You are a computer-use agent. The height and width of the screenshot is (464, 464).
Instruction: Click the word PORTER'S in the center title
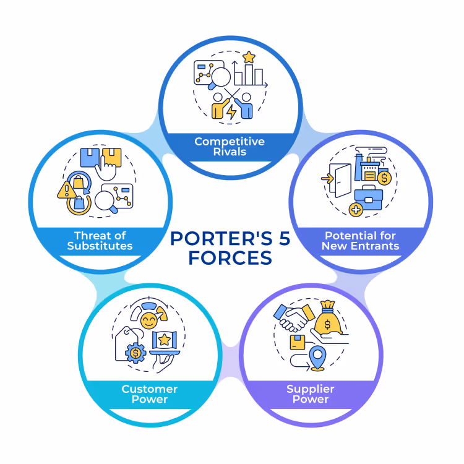[x=221, y=238]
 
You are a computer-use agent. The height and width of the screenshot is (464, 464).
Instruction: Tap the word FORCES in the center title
[x=230, y=258]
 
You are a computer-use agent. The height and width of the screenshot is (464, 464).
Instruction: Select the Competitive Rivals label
[x=230, y=147]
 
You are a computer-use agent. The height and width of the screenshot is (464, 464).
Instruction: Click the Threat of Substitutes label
[x=100, y=241]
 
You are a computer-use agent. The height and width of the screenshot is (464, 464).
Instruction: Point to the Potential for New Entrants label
[x=361, y=241]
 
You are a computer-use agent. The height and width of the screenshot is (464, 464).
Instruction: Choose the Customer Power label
[x=150, y=394]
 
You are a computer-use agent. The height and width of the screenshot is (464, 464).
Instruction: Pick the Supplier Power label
[x=311, y=394]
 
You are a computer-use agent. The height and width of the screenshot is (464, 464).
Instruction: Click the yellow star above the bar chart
[x=249, y=57]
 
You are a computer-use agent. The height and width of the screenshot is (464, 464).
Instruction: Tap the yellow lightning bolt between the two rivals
[x=231, y=111]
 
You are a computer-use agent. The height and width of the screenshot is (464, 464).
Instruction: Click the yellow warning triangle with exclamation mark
[x=67, y=190]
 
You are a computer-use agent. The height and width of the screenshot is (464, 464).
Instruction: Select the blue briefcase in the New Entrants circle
[x=369, y=198]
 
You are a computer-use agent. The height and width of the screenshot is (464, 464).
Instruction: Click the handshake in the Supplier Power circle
[x=294, y=317]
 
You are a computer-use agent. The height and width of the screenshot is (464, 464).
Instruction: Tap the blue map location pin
[x=317, y=357]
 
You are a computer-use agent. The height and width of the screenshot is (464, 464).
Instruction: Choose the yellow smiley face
[x=149, y=320]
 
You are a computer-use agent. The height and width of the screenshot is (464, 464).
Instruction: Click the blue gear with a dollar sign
[x=135, y=353]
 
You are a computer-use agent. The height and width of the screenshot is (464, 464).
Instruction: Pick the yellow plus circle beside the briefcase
[x=356, y=210]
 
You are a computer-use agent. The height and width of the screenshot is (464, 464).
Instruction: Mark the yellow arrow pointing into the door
[x=327, y=178]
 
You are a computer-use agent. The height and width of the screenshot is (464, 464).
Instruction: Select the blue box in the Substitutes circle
[x=90, y=157]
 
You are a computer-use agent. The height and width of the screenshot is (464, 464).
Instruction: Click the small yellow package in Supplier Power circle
[x=298, y=342]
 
